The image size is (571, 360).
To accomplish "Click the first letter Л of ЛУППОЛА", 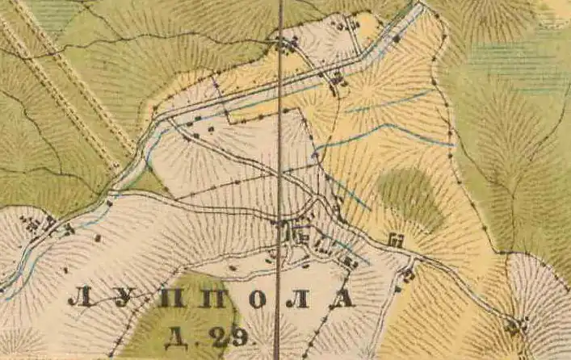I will coord(81,299).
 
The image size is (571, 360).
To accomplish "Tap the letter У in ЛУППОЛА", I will coord(124,299).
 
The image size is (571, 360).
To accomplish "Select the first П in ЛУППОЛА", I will coord(169,299).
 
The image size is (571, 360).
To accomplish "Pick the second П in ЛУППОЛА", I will coord(212,299).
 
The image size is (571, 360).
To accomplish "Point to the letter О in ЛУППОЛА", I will coord(256,299).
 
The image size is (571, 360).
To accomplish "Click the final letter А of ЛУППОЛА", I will coord(342,299).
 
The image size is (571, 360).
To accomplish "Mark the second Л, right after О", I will coord(300,299).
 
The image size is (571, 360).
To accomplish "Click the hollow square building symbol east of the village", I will coord(396,239).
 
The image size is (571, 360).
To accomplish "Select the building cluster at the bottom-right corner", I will coord(514,326).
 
